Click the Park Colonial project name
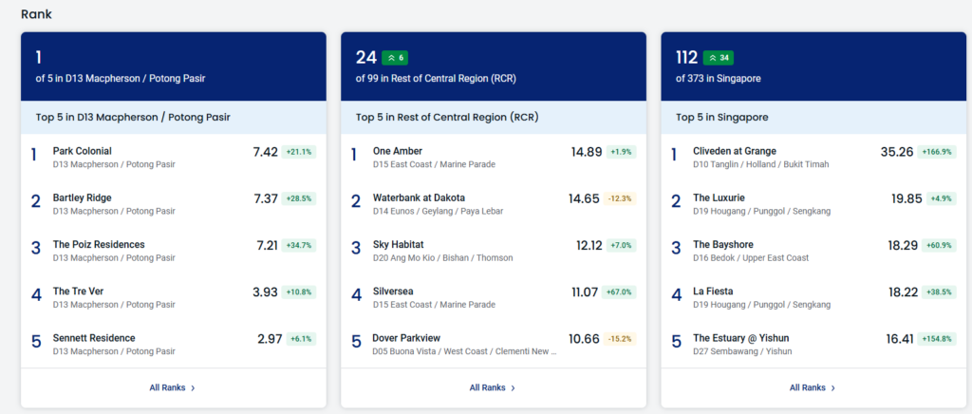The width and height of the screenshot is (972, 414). pyautogui.click(x=83, y=151)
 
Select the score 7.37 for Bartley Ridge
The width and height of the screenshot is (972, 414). pyautogui.click(x=266, y=199)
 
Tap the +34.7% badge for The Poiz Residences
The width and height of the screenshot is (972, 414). pyautogui.click(x=299, y=245)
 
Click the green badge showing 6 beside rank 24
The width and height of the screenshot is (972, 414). pyautogui.click(x=395, y=58)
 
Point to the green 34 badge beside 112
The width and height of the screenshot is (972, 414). pyautogui.click(x=718, y=58)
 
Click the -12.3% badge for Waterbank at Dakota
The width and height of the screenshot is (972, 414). pyautogui.click(x=620, y=199)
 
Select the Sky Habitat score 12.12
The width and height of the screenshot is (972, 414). pyautogui.click(x=589, y=245)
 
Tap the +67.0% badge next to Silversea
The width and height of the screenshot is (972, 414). pyautogui.click(x=619, y=292)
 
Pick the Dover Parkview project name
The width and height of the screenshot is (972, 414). pyautogui.click(x=406, y=338)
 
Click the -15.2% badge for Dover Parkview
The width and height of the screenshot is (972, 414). pyautogui.click(x=620, y=339)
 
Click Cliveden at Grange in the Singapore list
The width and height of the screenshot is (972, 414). pyautogui.click(x=735, y=151)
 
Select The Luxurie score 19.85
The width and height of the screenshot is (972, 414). pyautogui.click(x=907, y=199)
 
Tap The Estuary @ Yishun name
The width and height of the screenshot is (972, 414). pyautogui.click(x=740, y=338)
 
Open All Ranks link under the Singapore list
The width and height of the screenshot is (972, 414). pyautogui.click(x=813, y=388)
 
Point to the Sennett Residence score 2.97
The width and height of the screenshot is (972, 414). pyautogui.click(x=270, y=339)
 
